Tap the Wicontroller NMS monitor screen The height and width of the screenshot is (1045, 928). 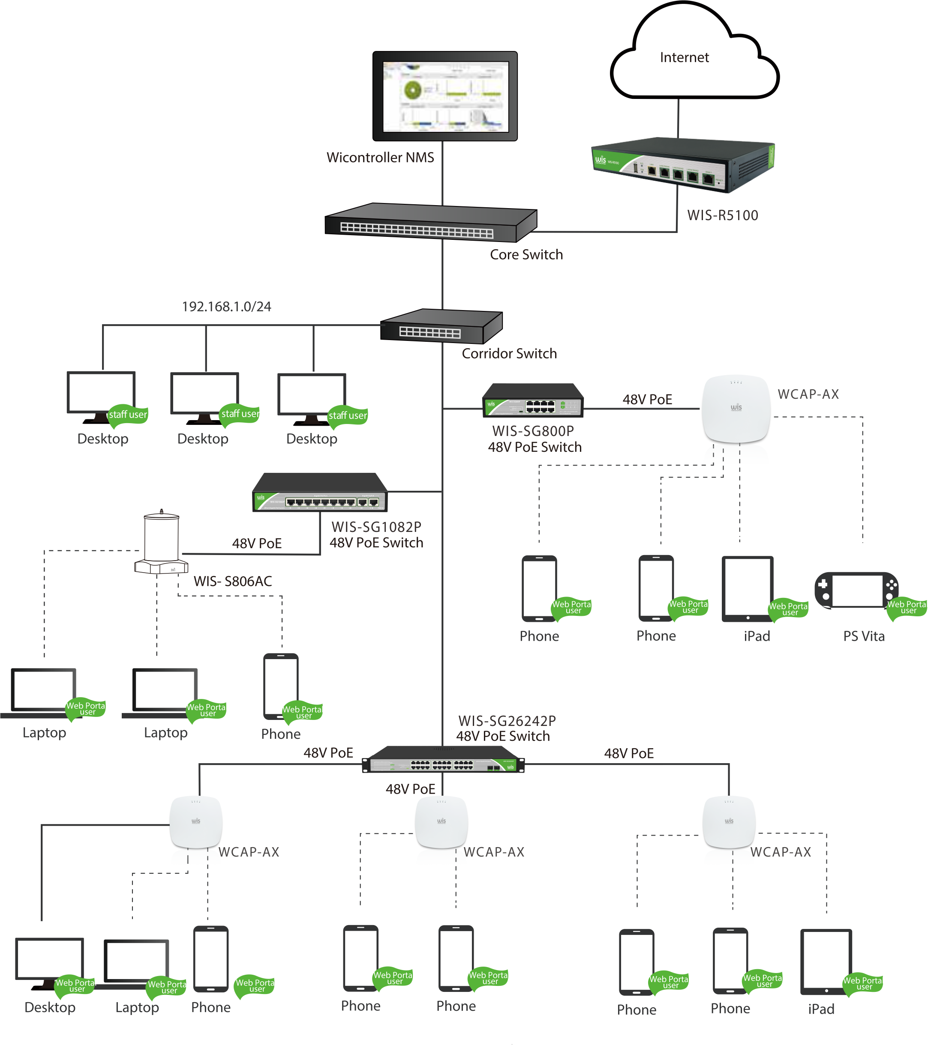444,96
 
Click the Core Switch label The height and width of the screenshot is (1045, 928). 526,254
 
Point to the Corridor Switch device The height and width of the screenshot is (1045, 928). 441,327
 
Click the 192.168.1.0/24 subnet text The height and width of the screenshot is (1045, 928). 227,307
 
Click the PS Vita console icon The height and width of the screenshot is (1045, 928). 856,590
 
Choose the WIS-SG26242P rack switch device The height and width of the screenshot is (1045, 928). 443,760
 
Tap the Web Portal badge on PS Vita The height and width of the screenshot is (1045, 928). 907,607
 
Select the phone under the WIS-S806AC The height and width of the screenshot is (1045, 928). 280,686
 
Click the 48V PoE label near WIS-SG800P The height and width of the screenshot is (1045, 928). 647,400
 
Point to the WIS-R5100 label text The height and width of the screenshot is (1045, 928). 722,215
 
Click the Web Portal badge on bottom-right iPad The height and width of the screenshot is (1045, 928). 862,982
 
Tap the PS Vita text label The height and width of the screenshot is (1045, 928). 864,636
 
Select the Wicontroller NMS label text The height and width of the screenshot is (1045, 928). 380,158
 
